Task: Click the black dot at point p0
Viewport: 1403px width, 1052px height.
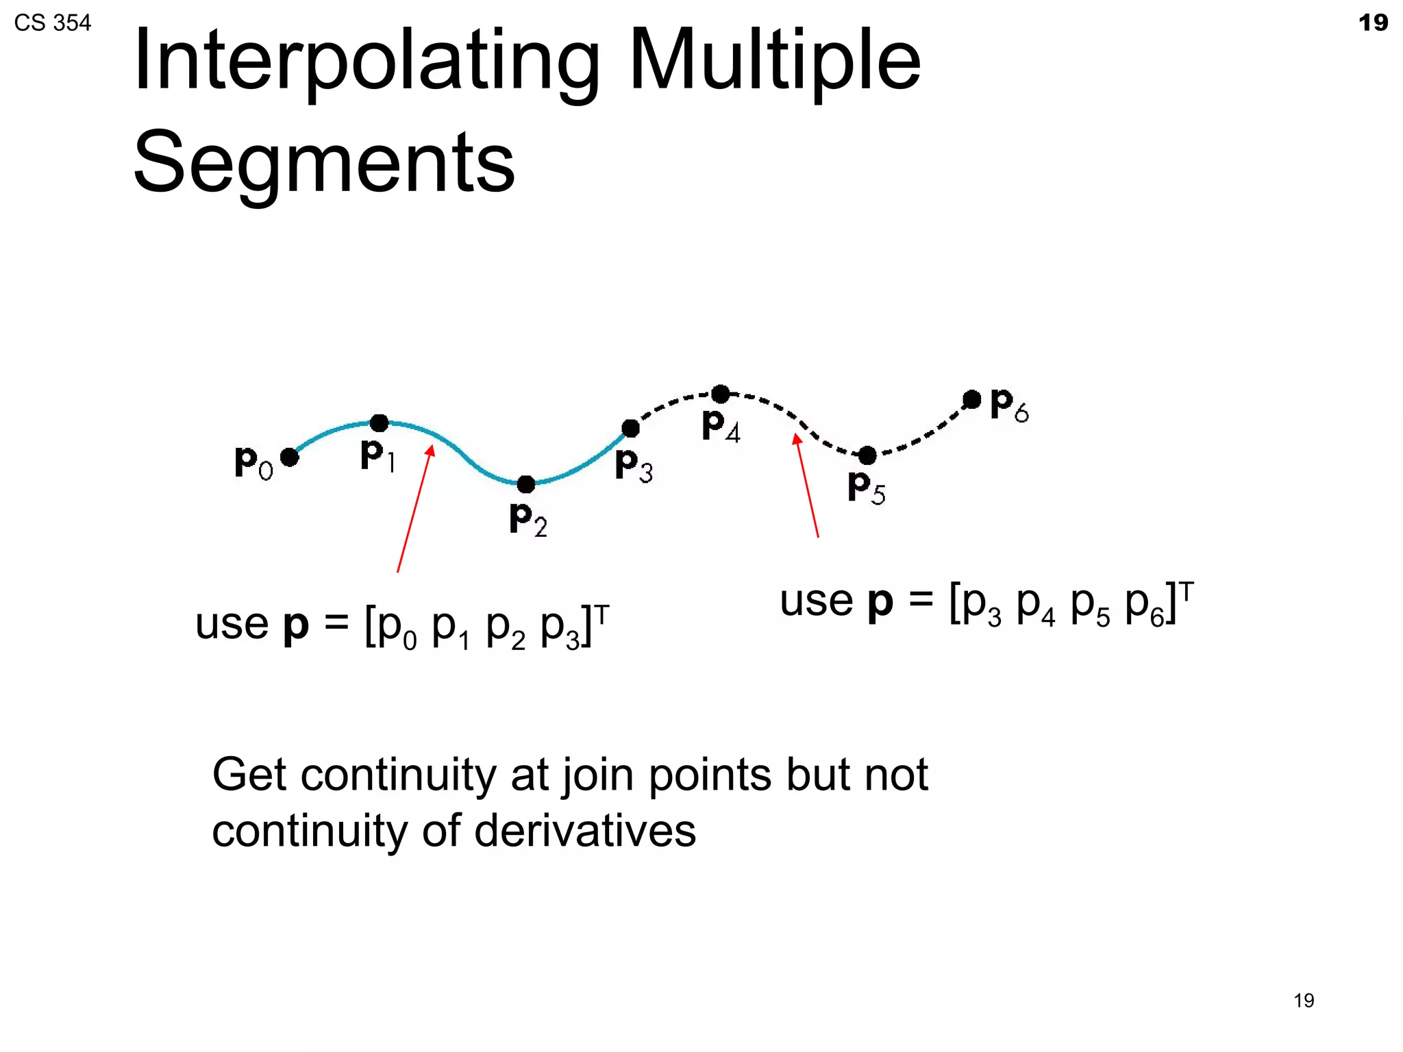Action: tap(289, 457)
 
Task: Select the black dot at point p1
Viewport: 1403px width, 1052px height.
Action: tap(379, 423)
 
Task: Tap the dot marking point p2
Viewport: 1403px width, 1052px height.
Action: tap(525, 484)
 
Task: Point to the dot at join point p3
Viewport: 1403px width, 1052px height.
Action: tap(630, 429)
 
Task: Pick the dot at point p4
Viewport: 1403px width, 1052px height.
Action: tap(720, 394)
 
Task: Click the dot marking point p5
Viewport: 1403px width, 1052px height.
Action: tap(867, 455)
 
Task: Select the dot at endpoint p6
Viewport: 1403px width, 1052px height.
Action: tap(971, 399)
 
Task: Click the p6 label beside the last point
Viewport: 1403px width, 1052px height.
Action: tap(1009, 405)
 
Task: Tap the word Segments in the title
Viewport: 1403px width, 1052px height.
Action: tap(323, 162)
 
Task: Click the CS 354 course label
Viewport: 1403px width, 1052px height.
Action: tap(52, 23)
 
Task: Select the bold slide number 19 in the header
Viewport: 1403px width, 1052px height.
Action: tap(1373, 23)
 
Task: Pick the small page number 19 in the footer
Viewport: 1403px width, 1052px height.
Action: tap(1304, 1001)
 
